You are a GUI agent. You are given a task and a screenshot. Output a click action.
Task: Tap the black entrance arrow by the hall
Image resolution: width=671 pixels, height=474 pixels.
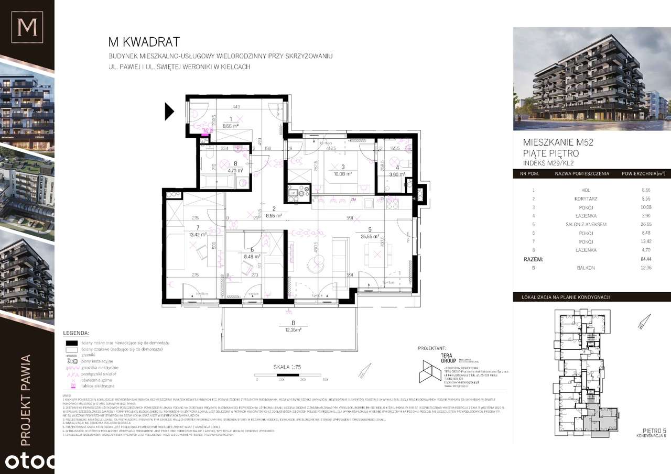pyautogui.click(x=169, y=112)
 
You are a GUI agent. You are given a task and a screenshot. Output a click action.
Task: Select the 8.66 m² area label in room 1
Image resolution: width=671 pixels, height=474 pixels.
pyautogui.click(x=231, y=126)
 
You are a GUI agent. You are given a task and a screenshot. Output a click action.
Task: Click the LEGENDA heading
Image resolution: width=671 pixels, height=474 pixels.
pyautogui.click(x=76, y=333)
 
